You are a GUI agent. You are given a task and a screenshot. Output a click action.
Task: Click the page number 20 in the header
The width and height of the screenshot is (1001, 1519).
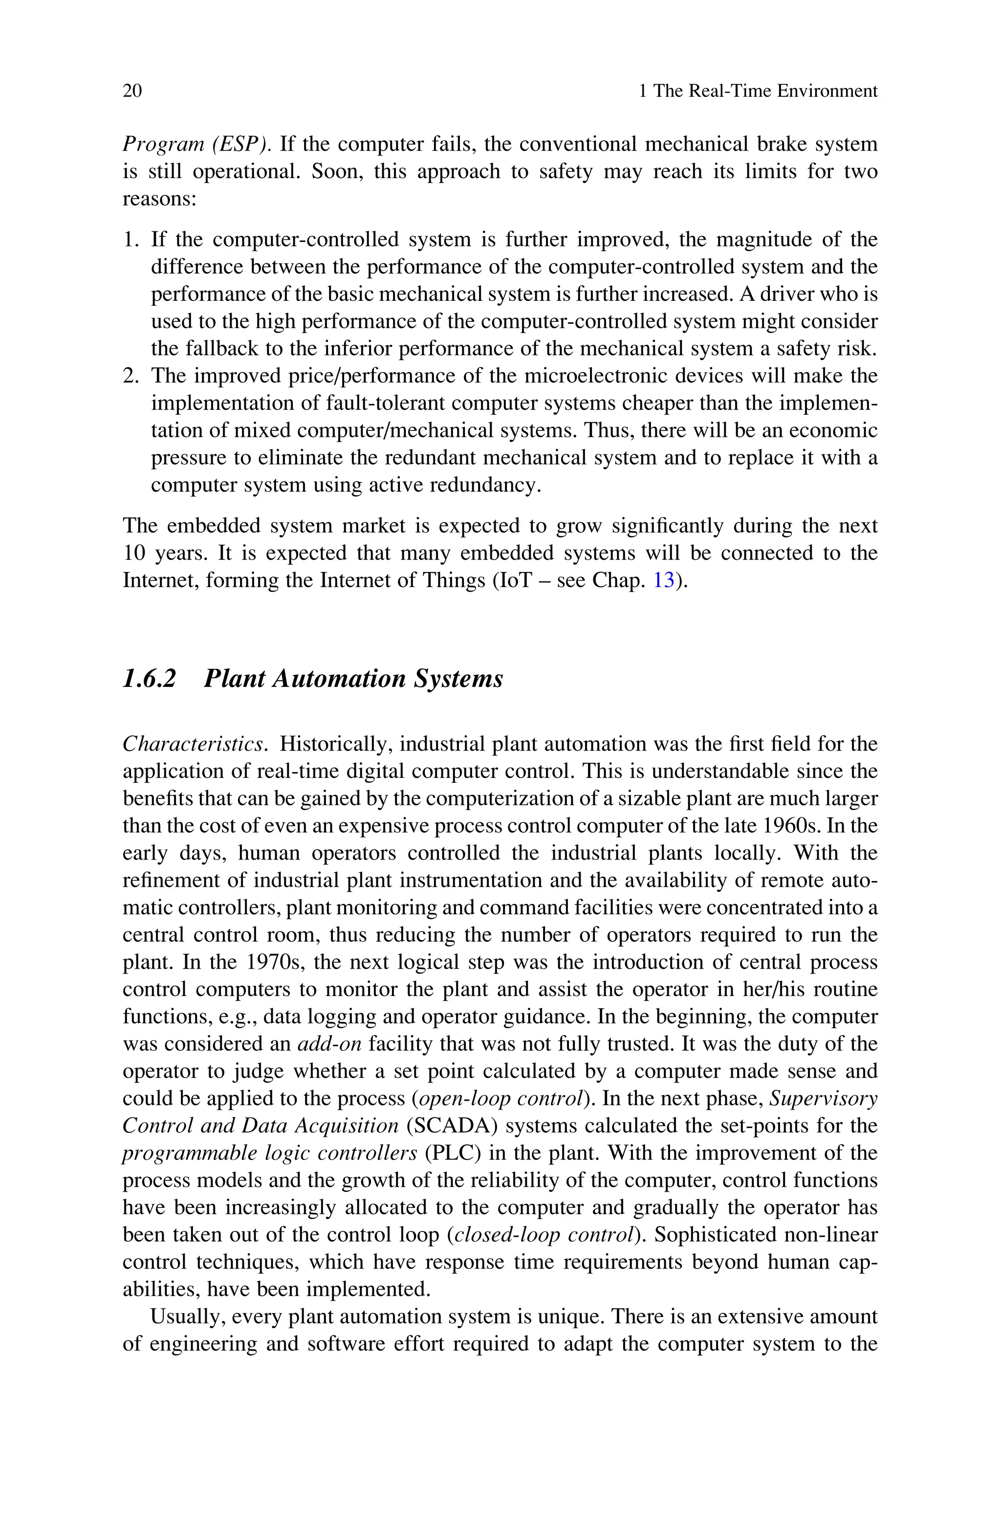pos(132,91)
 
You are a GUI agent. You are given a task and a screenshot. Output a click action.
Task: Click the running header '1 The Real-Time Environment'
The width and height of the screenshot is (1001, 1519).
pos(758,91)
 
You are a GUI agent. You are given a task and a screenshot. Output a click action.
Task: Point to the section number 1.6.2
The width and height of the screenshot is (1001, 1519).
pos(149,679)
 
